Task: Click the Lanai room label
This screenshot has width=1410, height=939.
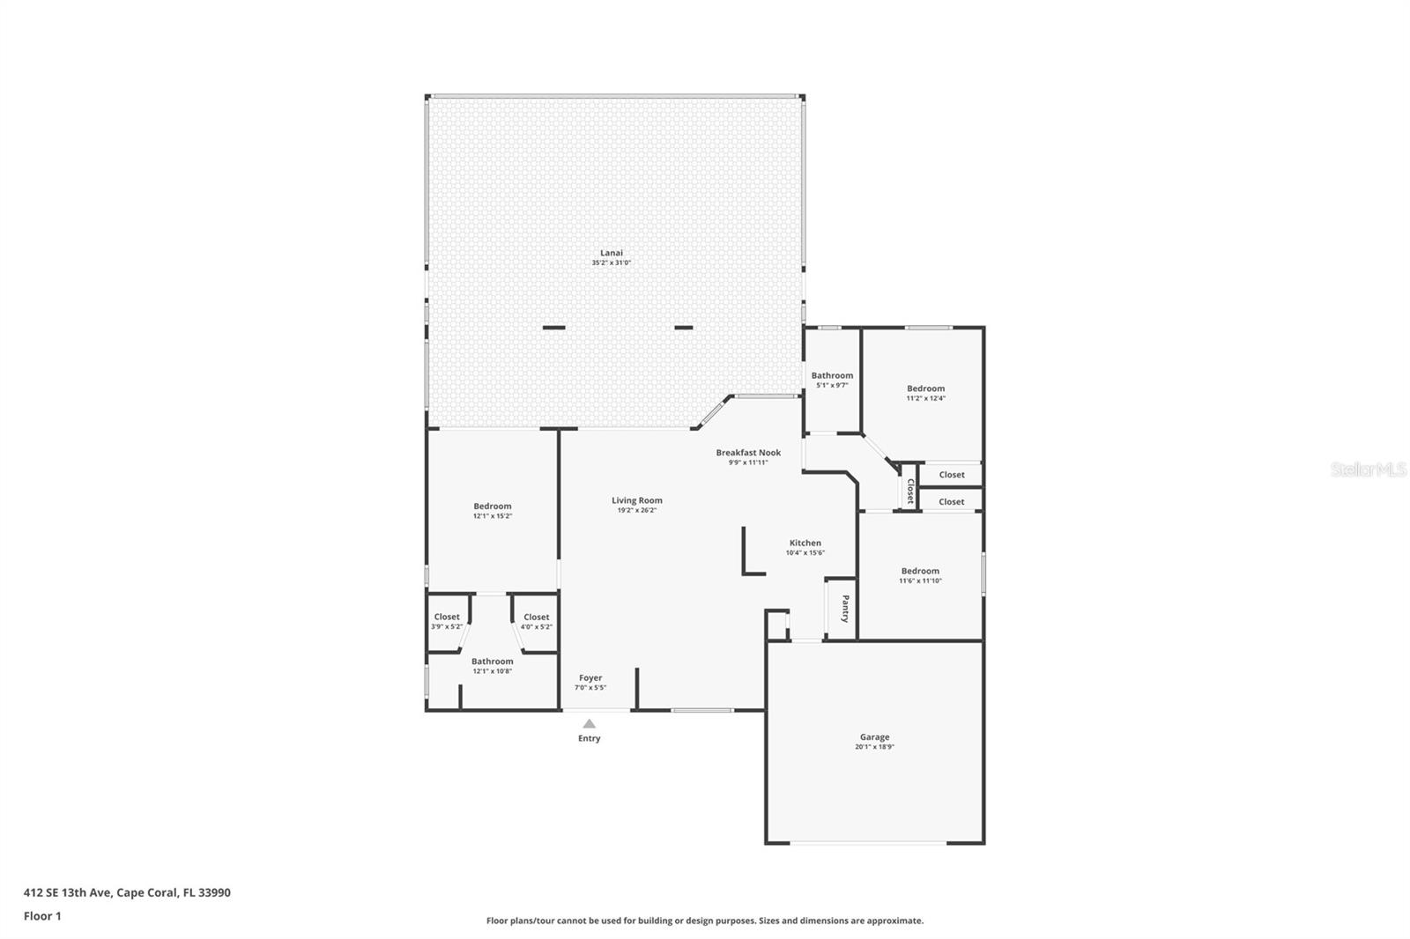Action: [611, 253]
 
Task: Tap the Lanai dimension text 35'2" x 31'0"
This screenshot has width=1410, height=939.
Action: [611, 263]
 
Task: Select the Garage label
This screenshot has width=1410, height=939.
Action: [874, 737]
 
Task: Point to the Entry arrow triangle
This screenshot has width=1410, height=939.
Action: [589, 724]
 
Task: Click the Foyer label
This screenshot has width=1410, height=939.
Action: [590, 678]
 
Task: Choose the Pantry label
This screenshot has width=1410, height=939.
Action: [844, 609]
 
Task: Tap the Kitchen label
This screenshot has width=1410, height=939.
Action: [805, 543]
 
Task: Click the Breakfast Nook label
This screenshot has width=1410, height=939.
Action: [748, 453]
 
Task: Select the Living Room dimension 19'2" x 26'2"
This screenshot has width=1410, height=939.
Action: [637, 510]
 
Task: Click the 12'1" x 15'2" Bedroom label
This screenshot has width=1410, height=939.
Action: [492, 506]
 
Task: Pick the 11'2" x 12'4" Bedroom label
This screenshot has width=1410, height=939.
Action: [925, 388]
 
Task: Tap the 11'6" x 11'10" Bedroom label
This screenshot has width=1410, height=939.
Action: [920, 571]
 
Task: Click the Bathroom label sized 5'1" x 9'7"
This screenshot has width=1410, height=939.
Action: [832, 375]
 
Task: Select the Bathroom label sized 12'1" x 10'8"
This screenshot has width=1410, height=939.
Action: [492, 662]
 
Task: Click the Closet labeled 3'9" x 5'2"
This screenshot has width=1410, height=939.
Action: [447, 617]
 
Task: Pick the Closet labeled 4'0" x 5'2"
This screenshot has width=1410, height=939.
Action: [536, 617]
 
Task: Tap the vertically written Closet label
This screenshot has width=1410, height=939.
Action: [910, 491]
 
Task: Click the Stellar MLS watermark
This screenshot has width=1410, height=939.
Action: [1368, 470]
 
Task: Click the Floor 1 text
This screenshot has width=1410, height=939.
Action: [42, 916]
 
